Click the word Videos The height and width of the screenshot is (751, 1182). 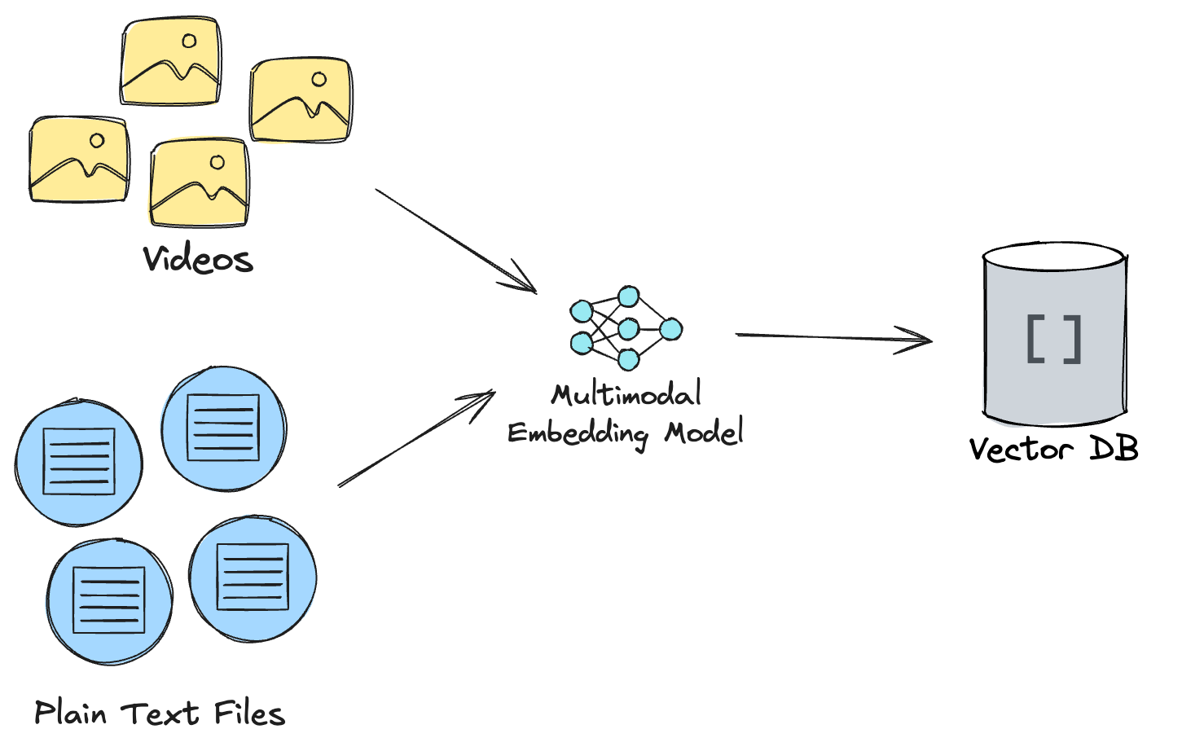(x=198, y=259)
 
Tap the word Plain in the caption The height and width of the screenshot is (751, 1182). (x=71, y=713)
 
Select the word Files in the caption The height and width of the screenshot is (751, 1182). (x=249, y=713)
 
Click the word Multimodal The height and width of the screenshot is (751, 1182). (x=626, y=395)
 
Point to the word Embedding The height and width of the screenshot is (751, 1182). (x=578, y=433)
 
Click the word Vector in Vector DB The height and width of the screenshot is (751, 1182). (x=1021, y=449)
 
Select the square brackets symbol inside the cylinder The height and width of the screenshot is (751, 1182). (x=1054, y=339)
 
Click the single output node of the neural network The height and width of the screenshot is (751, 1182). (x=670, y=329)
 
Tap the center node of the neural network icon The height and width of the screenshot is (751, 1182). (x=628, y=329)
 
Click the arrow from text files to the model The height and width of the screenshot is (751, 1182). (x=415, y=440)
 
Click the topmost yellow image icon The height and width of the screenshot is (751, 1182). (x=171, y=62)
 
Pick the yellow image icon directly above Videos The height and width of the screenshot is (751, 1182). (x=200, y=182)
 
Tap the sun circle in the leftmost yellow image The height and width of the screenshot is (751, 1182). (x=97, y=141)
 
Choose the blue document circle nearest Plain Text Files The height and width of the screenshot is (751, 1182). (x=109, y=600)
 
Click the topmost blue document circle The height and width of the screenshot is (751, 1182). (x=223, y=428)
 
